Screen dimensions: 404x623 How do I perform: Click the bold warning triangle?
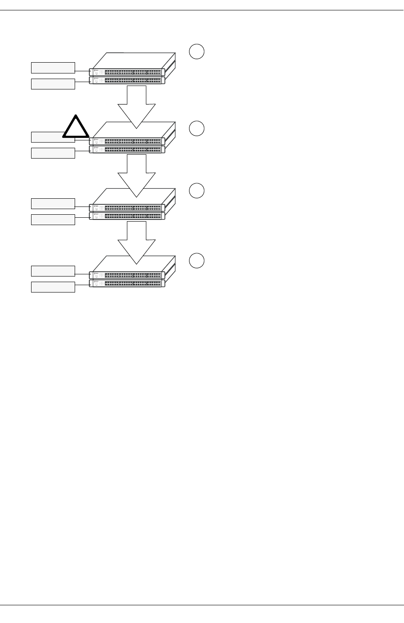(76, 128)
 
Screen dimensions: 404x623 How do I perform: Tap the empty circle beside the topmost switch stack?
(196, 51)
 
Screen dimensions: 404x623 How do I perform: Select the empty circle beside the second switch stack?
(196, 129)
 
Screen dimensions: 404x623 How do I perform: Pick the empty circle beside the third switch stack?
(196, 191)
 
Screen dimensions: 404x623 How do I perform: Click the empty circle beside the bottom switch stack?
(196, 261)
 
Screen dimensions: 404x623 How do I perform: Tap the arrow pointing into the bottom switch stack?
(136, 242)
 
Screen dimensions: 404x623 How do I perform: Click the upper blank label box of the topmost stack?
(53, 67)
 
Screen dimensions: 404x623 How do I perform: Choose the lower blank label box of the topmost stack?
(53, 84)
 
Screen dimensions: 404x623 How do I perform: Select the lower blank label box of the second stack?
(53, 153)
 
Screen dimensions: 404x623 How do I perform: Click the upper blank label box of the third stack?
(53, 203)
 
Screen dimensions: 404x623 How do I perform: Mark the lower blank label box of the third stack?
(53, 219)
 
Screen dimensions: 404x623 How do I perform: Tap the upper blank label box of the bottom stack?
(53, 271)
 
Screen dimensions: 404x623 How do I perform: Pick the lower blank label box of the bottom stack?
(53, 287)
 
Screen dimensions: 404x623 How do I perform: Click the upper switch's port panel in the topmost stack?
(132, 72)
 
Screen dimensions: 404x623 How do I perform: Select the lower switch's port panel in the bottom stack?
(132, 283)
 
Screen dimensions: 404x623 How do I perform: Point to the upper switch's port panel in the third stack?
(132, 207)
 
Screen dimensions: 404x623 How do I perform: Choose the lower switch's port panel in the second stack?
(132, 149)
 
